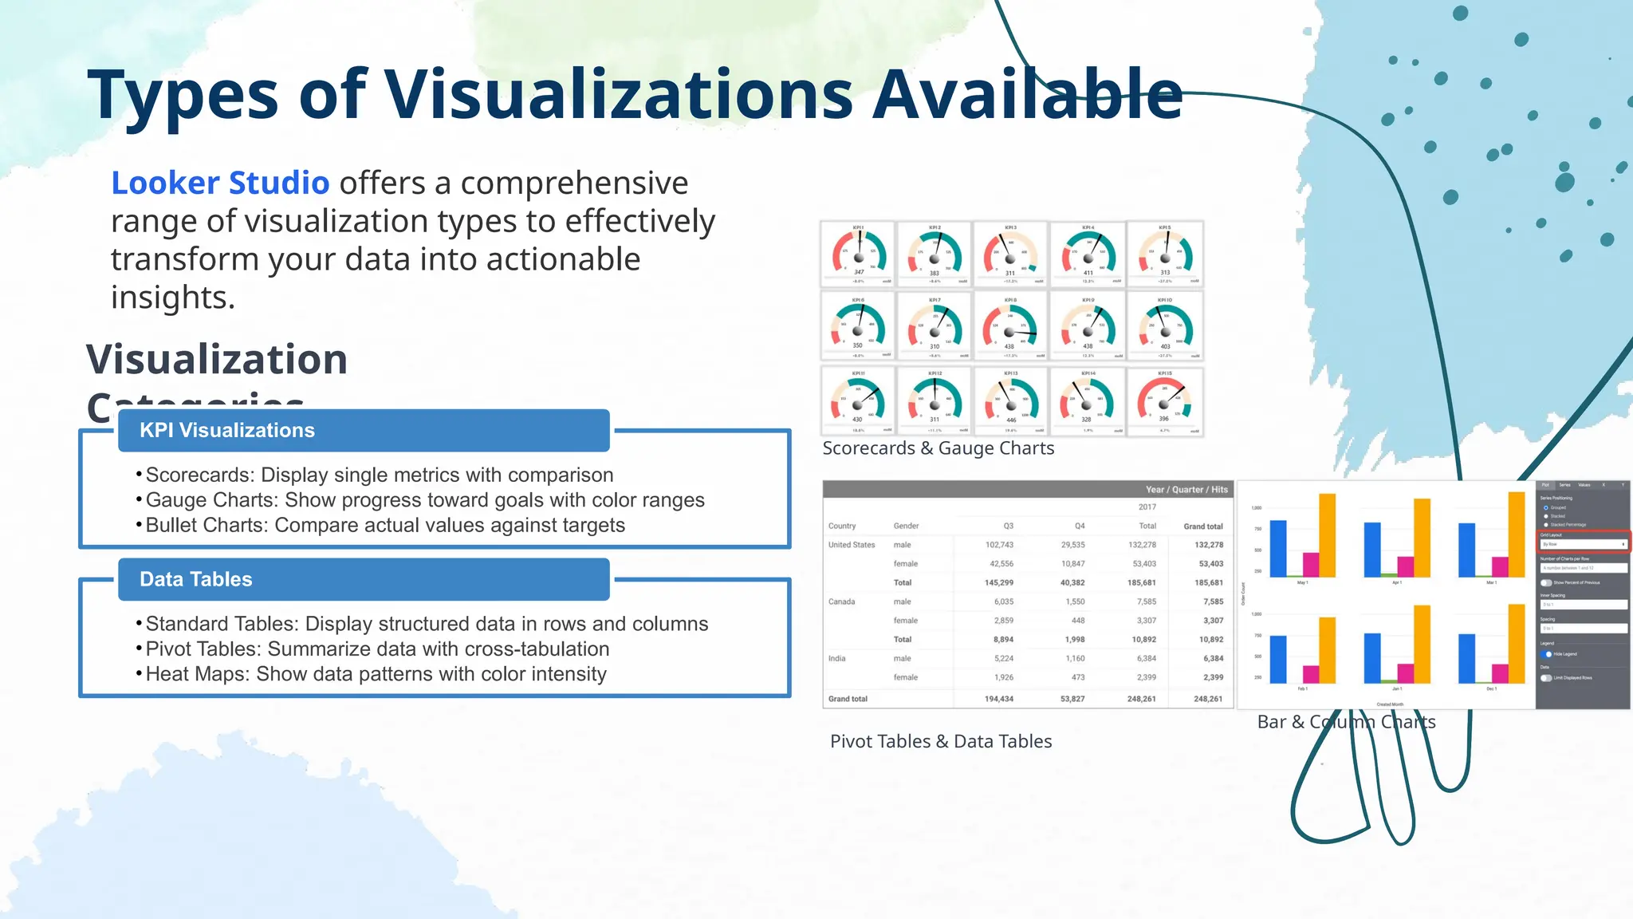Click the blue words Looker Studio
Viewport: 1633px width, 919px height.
[220, 183]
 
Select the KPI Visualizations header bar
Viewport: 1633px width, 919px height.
[364, 431]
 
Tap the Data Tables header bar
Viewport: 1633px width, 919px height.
[364, 580]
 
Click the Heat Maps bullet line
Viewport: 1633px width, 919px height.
[376, 675]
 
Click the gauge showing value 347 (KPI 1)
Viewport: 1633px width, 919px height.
[858, 254]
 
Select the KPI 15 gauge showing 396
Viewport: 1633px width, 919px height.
[1164, 401]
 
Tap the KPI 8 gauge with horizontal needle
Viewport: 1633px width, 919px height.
[1010, 328]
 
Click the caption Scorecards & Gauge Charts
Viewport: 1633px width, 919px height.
[938, 449]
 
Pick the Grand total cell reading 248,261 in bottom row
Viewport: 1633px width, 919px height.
[1207, 699]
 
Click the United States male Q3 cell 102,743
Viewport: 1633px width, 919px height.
[998, 545]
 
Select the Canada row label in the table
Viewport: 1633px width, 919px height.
[841, 601]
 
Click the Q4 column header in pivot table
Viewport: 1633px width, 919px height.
[1079, 527]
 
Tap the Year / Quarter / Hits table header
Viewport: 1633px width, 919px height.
[1186, 490]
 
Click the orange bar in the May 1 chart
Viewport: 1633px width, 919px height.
[1327, 534]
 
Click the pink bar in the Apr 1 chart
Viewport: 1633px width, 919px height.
[1406, 566]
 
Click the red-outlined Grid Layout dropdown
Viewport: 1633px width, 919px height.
[1583, 543]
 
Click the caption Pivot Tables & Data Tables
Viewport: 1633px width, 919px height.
[941, 742]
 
